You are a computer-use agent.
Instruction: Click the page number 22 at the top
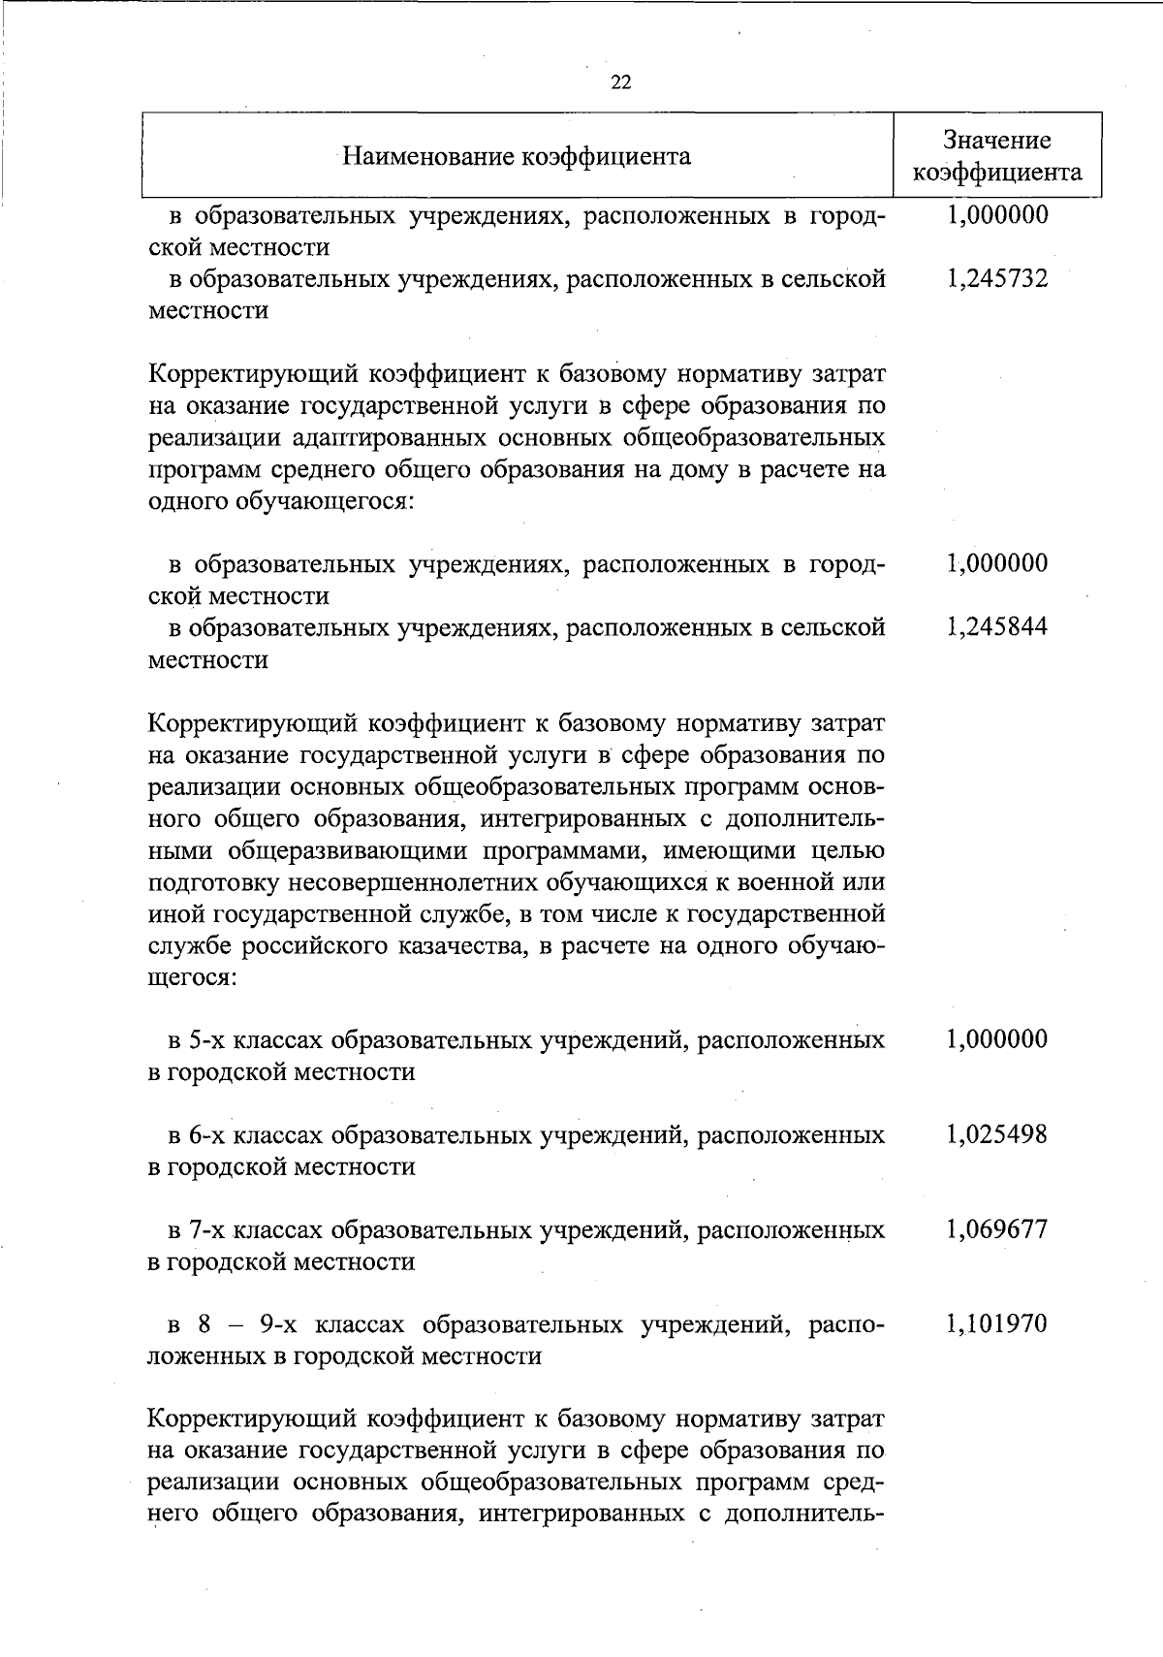pos(621,83)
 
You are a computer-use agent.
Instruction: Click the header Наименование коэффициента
pos(518,156)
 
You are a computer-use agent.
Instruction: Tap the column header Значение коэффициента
pos(997,156)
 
